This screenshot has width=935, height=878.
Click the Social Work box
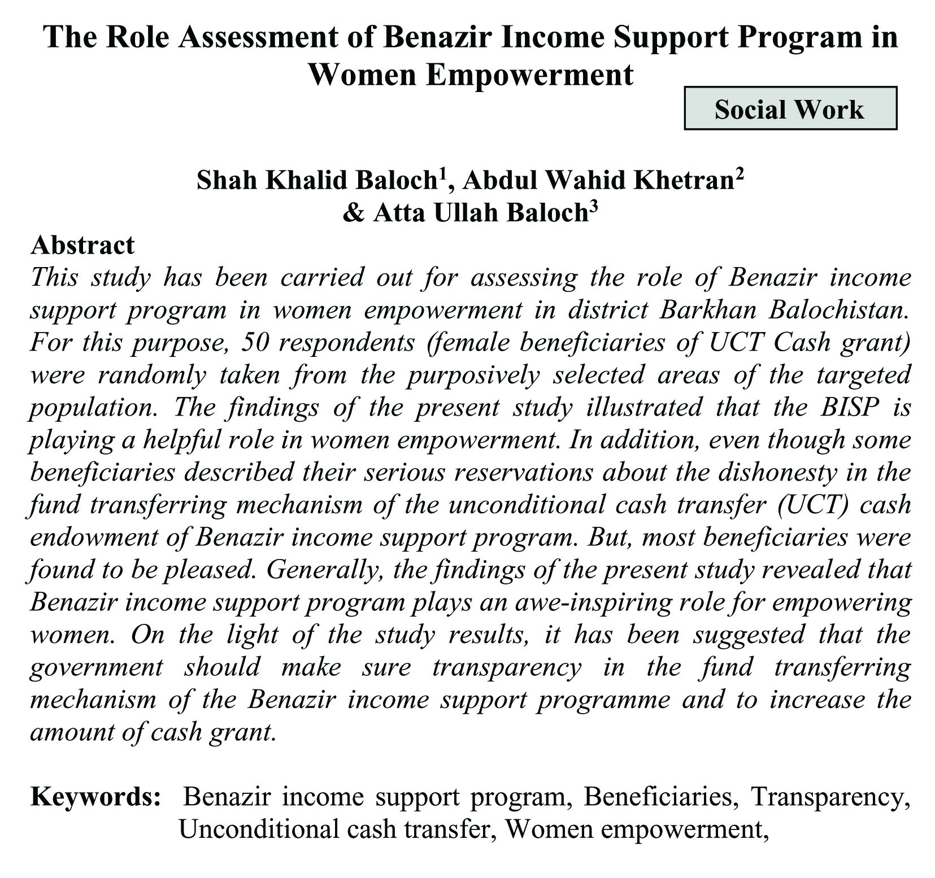pyautogui.click(x=790, y=108)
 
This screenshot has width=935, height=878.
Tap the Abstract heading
pyautogui.click(x=82, y=245)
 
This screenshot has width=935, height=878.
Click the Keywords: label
pyautogui.click(x=96, y=797)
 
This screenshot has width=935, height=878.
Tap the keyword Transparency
pyautogui.click(x=829, y=797)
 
